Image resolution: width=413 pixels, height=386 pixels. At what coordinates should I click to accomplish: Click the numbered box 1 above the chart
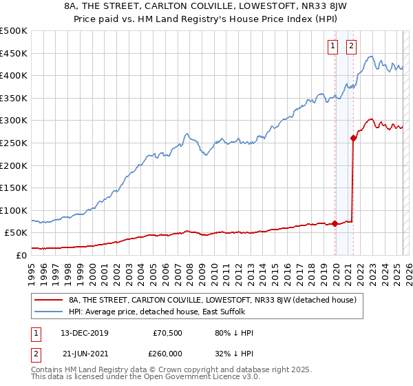coord(332,46)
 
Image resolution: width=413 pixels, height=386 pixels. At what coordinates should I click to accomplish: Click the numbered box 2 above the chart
coord(351,46)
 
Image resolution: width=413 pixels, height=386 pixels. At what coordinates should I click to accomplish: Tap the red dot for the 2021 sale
coord(354,138)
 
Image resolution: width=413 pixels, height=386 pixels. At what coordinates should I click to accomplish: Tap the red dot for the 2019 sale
coord(335,223)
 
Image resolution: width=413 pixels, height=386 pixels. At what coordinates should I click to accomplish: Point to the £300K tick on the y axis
coord(14,121)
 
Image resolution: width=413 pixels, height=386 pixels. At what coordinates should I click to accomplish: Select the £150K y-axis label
coord(14,187)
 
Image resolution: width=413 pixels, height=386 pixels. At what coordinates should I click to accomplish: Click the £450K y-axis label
coord(14,54)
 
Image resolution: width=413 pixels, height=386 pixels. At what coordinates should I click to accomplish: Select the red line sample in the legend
coord(49,300)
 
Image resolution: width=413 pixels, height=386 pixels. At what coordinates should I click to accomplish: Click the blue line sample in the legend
coord(49,312)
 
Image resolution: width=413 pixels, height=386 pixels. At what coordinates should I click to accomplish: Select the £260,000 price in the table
coord(167,353)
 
